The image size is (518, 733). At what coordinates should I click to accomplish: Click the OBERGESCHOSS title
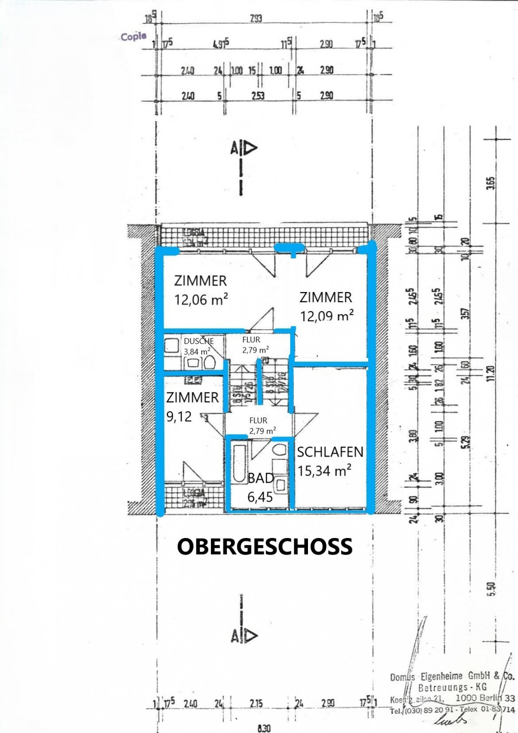(265, 547)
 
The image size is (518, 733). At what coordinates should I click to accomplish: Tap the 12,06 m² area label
(201, 300)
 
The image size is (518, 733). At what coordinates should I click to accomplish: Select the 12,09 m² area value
(327, 316)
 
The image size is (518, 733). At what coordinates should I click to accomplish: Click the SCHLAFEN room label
(330, 452)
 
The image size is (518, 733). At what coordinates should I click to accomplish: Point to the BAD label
(261, 478)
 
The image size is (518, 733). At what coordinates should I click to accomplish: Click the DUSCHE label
(199, 341)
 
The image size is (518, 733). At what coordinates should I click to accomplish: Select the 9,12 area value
(179, 417)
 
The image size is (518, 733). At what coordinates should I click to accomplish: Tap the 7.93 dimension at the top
(256, 19)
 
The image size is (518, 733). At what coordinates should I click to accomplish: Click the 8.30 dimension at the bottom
(264, 728)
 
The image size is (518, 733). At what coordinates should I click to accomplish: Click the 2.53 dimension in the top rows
(258, 96)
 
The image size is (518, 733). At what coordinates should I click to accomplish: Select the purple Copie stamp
(133, 37)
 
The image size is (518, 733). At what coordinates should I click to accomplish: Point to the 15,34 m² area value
(325, 471)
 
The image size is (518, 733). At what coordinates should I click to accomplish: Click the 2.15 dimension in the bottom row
(256, 703)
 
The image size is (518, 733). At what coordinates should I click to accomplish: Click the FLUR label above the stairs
(251, 340)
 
